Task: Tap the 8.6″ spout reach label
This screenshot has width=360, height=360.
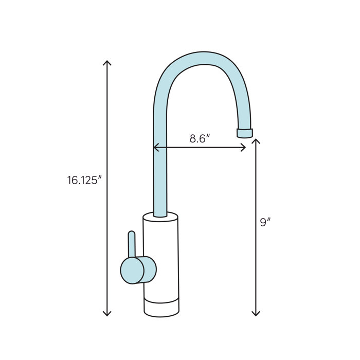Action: [200, 139]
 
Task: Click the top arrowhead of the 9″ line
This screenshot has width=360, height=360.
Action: [256, 140]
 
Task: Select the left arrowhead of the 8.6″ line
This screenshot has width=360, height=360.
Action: [155, 148]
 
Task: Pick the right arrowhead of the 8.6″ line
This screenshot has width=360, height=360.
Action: [244, 148]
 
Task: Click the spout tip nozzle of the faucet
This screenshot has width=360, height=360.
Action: [244, 133]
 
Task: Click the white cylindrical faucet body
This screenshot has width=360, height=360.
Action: [161, 257]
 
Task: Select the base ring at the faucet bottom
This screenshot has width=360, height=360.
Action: [161, 308]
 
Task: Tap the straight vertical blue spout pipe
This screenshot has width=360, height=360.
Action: [161, 170]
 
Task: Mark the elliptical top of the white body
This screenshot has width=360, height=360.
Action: [160, 217]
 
